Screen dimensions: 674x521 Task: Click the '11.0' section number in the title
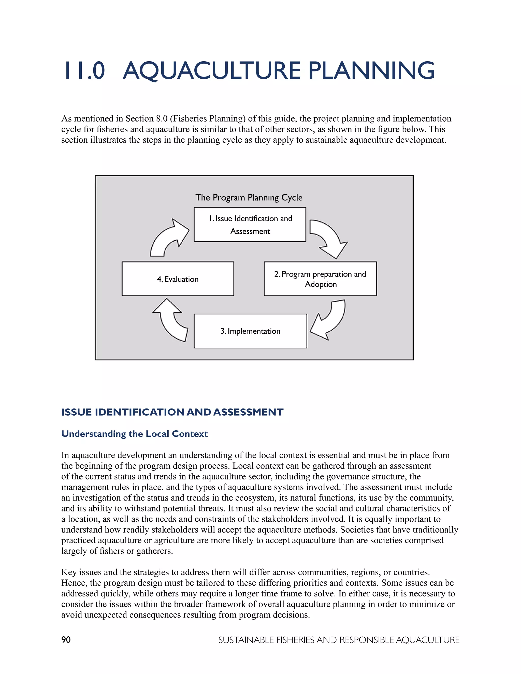tap(84, 71)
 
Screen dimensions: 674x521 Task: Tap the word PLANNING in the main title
tap(372, 71)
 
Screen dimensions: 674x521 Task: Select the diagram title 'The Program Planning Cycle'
tap(249, 198)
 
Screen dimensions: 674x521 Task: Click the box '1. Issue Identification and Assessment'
tap(250, 224)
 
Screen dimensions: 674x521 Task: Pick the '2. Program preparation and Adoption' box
tap(320, 279)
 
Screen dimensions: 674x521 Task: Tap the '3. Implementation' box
tap(250, 331)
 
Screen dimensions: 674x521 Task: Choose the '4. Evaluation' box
tap(178, 279)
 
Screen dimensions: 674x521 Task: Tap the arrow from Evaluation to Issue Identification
tap(168, 238)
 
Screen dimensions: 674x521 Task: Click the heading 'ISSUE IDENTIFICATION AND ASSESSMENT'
tap(172, 412)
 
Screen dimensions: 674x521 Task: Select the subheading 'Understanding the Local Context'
tap(135, 434)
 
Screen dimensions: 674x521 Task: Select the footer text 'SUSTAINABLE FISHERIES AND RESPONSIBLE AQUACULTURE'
tap(339, 640)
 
